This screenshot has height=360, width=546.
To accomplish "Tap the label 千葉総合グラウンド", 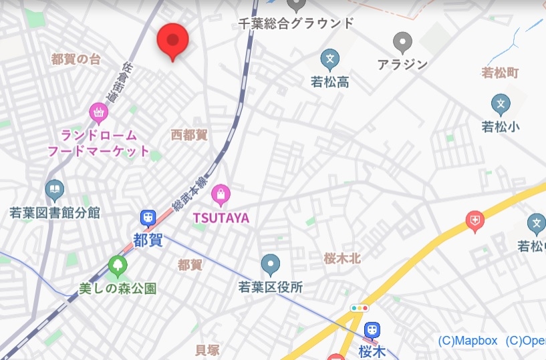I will tap(296, 23).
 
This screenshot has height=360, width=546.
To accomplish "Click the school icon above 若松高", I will tap(329, 60).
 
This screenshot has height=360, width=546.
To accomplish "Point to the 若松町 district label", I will tap(500, 72).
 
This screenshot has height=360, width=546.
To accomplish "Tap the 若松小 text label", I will tap(501, 126).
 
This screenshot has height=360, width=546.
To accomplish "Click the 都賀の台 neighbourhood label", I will tap(76, 59).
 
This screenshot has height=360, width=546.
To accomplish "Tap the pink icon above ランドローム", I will tap(99, 113).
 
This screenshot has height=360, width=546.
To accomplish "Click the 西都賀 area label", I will tap(189, 135).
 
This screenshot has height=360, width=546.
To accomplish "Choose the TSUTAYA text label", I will tap(221, 218).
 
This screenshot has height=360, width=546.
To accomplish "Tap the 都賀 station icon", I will tap(148, 218).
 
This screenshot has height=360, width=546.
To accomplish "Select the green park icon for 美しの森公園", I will tap(118, 267).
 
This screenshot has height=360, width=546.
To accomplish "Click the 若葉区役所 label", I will tap(271, 287).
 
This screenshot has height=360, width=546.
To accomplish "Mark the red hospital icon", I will tap(475, 220).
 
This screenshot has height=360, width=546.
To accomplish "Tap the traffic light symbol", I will tap(360, 309).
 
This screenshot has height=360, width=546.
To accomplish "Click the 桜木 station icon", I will tap(372, 330).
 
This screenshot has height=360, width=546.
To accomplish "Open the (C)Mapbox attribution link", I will tap(468, 341).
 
